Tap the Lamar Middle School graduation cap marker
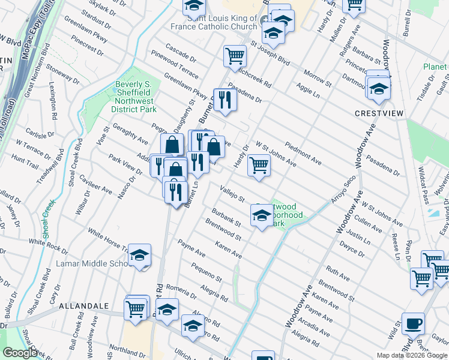[139, 256]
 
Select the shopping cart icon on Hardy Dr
[259, 164]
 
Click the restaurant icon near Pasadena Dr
[225, 99]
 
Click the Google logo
[19, 353]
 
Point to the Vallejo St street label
[232, 194]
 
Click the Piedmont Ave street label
[303, 154]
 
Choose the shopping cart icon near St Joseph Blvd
[235, 56]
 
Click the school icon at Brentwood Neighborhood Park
[262, 215]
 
